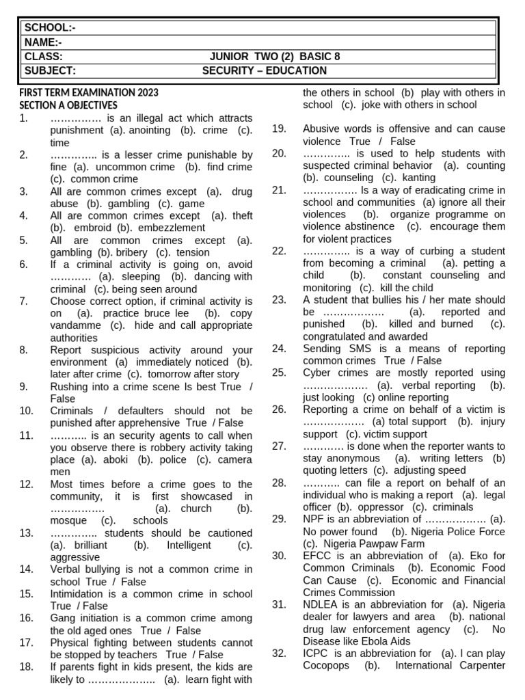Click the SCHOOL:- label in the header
tap(50, 27)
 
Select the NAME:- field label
tap(43, 42)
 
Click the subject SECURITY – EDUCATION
tap(265, 71)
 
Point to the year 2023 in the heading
tap(147, 93)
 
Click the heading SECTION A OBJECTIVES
tap(68, 105)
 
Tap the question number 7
tap(23, 301)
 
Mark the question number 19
tap(278, 129)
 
